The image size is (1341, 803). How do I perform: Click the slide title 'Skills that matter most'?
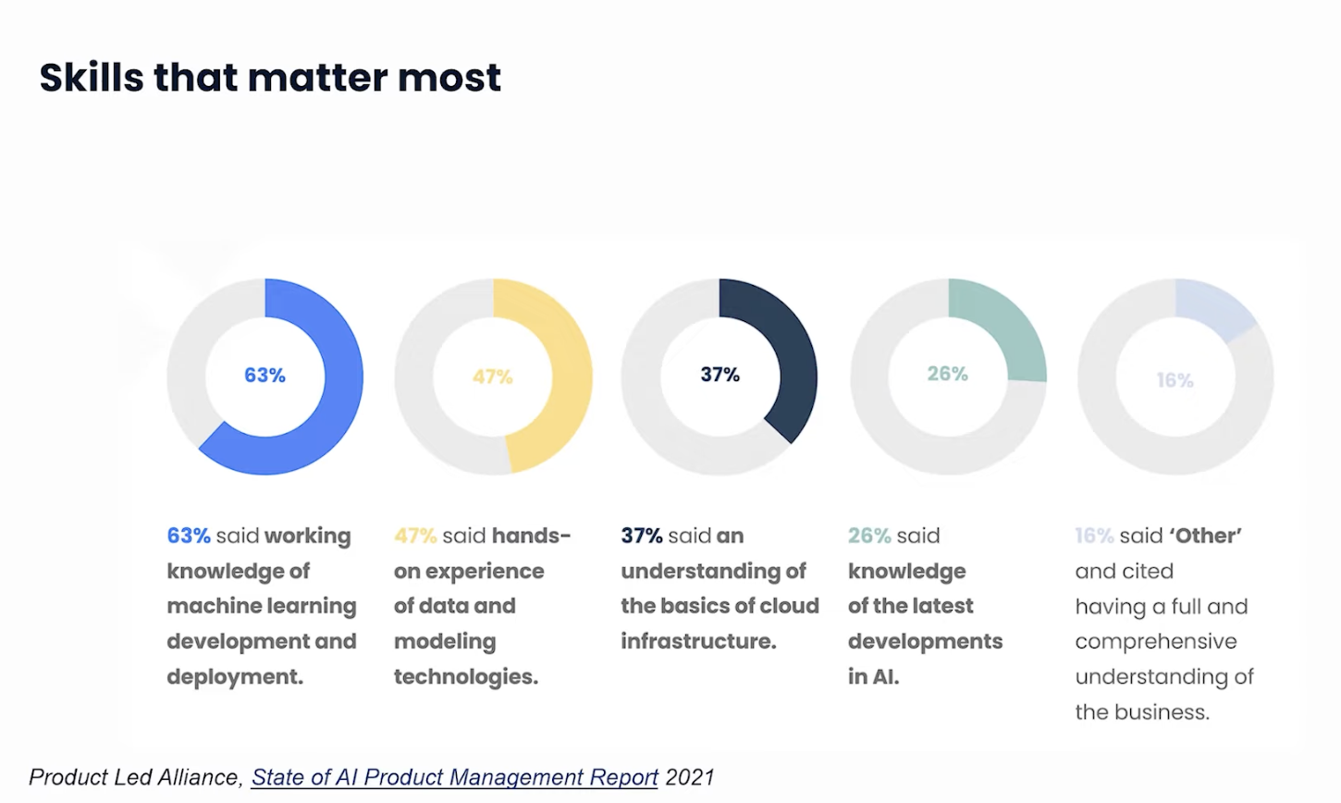click(x=270, y=78)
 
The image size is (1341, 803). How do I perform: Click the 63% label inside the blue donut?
click(x=265, y=375)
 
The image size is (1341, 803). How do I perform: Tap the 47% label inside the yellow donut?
click(x=492, y=377)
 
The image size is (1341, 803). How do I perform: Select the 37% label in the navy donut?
click(x=720, y=375)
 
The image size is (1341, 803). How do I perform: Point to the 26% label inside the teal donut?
click(x=947, y=374)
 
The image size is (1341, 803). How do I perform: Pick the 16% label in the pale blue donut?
click(x=1175, y=380)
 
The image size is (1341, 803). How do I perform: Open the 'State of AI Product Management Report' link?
click(x=454, y=777)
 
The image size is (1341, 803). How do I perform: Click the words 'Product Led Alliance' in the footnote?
click(x=135, y=777)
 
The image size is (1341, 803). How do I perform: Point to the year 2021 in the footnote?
click(x=689, y=777)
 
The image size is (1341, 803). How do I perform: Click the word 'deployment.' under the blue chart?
click(x=235, y=677)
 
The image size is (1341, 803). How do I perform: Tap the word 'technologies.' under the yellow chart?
click(x=465, y=677)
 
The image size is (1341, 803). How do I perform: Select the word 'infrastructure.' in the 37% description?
click(x=698, y=642)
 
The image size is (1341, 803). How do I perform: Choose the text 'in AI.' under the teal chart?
click(x=873, y=677)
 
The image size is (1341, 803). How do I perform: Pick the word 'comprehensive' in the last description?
click(x=1155, y=642)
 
